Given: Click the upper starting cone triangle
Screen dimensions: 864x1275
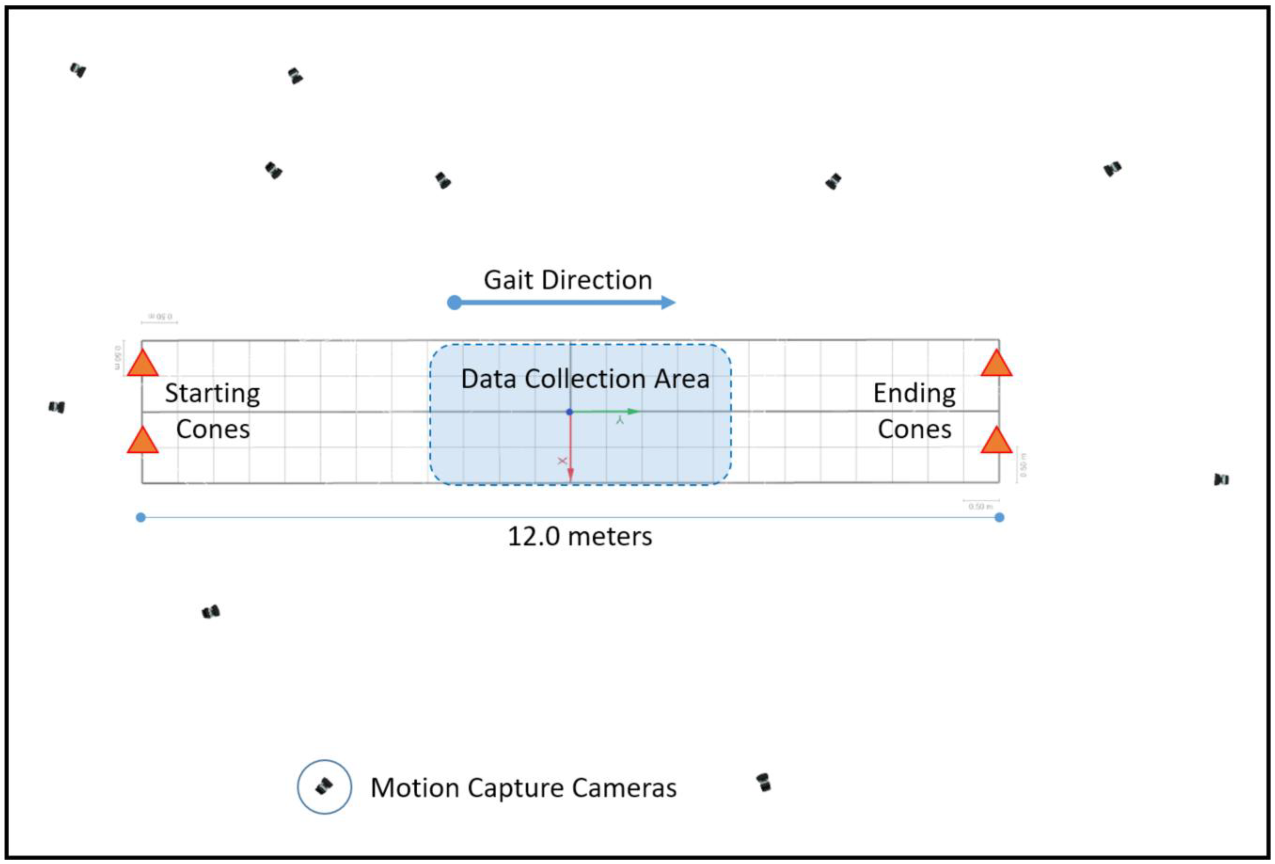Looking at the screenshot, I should click(x=143, y=365).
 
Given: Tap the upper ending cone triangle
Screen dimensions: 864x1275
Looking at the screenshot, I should click(x=996, y=365).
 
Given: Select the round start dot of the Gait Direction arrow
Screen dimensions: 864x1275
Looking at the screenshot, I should click(x=454, y=302).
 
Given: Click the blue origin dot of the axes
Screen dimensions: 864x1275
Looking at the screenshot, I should click(x=570, y=411).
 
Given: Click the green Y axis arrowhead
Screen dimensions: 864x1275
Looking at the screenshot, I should click(x=634, y=411).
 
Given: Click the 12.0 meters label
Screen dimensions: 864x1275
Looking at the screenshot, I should click(x=580, y=537).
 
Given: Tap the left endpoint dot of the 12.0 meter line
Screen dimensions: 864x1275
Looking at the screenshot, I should click(x=141, y=517).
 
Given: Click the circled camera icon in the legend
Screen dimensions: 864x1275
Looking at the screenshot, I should click(x=324, y=787).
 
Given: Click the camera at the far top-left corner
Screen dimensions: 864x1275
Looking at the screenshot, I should click(x=78, y=70).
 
